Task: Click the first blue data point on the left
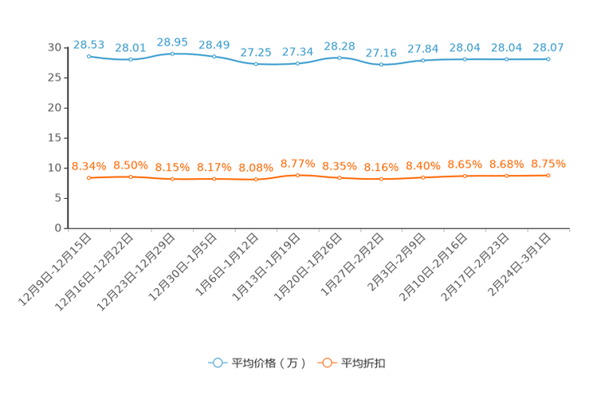(x=89, y=57)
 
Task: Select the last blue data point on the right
(x=548, y=59)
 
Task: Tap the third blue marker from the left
(x=173, y=53)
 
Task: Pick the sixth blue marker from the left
(x=298, y=63)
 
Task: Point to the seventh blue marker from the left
(x=340, y=57)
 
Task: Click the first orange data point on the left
(x=89, y=177)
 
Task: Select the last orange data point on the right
(x=548, y=175)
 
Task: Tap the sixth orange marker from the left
(x=298, y=175)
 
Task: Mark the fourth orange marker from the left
(x=214, y=179)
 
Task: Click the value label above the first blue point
(x=88, y=44)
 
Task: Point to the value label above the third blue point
(x=173, y=42)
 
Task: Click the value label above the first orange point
(x=89, y=165)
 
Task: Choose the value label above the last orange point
(x=548, y=164)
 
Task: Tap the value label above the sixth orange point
(x=298, y=163)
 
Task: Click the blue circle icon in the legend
(x=217, y=362)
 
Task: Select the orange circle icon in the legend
(x=326, y=362)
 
